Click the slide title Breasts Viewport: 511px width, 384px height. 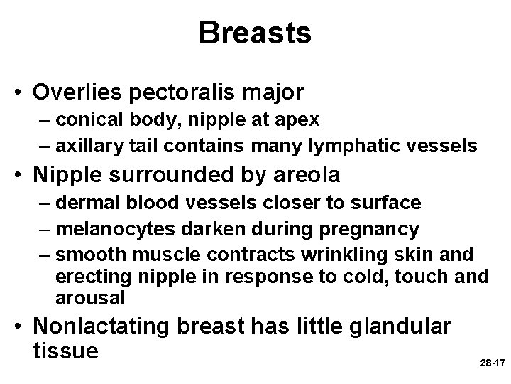255,33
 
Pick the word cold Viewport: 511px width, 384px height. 376,276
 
